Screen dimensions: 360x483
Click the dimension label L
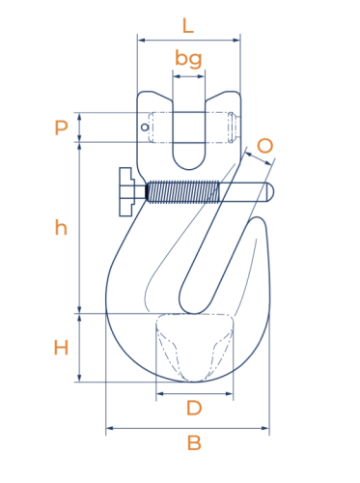[188, 26]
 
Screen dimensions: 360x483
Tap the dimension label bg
[188, 59]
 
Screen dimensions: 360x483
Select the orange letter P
[61, 128]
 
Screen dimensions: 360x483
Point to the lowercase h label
[61, 227]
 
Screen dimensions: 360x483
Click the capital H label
[61, 348]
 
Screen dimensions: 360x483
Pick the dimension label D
[194, 408]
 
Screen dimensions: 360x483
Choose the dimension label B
[194, 442]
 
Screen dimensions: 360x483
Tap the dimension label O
[265, 146]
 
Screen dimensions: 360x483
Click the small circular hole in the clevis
[145, 128]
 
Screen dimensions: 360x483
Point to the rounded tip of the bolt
[270, 192]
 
